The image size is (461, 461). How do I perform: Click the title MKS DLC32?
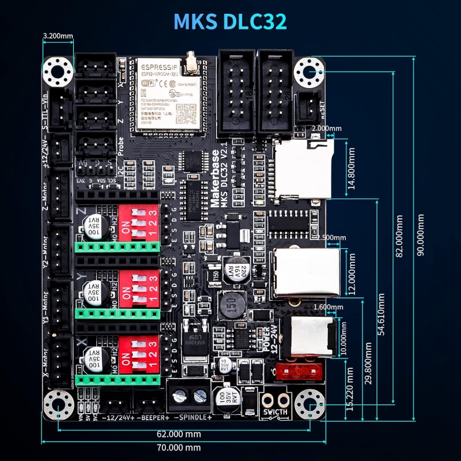point(230,21)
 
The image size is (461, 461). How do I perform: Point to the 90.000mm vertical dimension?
point(421,236)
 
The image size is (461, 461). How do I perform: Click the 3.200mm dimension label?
point(58,36)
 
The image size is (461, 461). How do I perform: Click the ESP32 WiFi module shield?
point(164,95)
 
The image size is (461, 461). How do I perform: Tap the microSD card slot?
point(303,168)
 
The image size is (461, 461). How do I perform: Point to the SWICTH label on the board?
point(275,412)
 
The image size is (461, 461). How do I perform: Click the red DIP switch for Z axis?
point(139,222)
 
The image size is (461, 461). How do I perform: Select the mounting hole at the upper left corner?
point(59,71)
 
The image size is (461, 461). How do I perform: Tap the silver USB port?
point(307,273)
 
